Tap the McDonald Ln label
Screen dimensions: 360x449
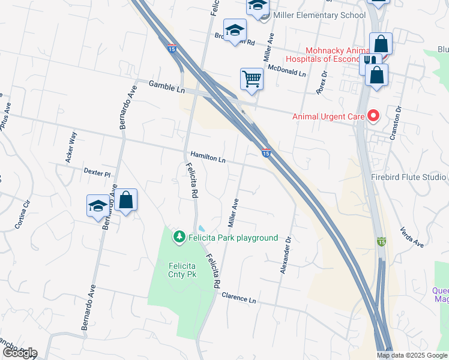[287, 70]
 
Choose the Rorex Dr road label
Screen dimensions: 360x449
[322, 83]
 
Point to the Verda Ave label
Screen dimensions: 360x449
[412, 238]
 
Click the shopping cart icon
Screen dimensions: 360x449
[252, 79]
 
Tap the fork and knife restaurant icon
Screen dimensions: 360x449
[371, 62]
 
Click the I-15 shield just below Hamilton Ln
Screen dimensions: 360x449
[265, 154]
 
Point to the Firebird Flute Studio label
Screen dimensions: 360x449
[409, 177]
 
